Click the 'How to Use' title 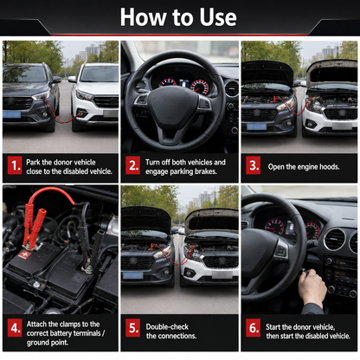tap(178, 17)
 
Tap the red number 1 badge tap(15, 165)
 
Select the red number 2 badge tap(132, 165)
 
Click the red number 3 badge tap(253, 165)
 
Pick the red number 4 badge tap(15, 328)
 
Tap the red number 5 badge tap(132, 328)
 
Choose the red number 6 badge tap(253, 328)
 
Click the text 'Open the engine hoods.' tap(304, 167)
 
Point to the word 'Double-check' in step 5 tap(167, 327)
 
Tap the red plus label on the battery tap(24, 255)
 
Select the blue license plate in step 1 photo tap(11, 114)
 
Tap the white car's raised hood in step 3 tap(331, 71)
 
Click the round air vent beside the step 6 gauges tap(334, 239)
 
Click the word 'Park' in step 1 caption tap(33, 162)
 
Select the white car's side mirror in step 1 tap(72, 79)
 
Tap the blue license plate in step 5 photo tap(132, 276)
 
